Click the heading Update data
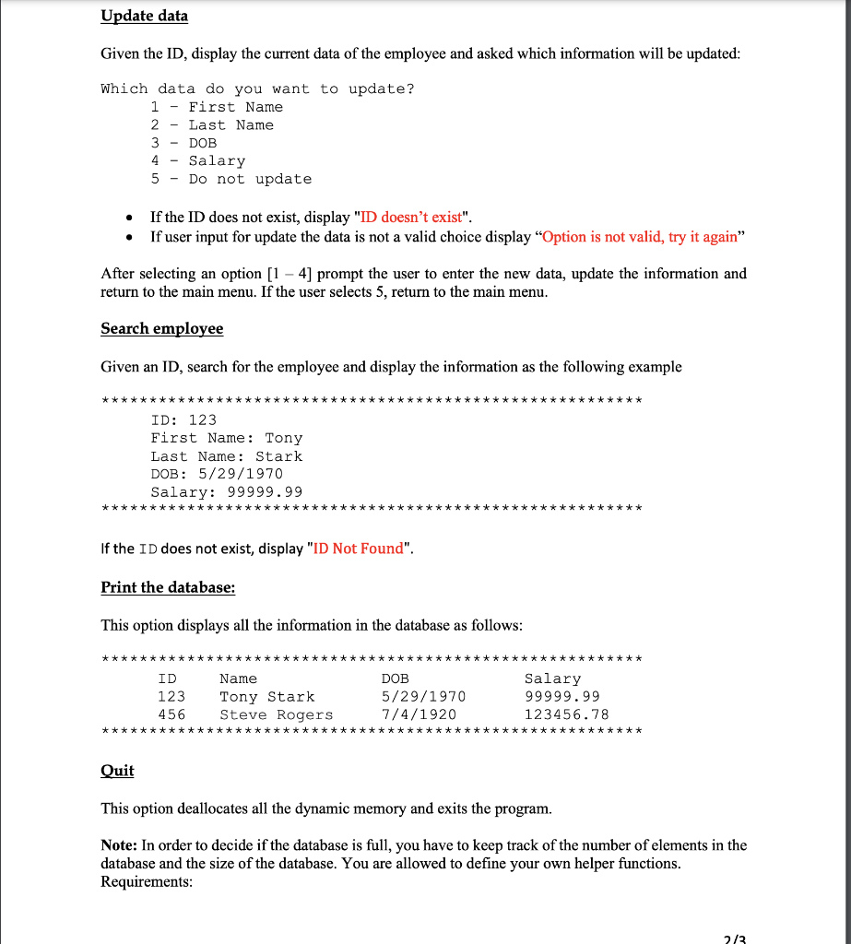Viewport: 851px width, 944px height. (x=144, y=16)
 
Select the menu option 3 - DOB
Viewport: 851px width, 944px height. (x=183, y=143)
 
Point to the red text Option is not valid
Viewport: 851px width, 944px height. (x=640, y=236)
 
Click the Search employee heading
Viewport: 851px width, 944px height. (x=161, y=329)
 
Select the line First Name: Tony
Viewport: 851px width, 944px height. (x=226, y=438)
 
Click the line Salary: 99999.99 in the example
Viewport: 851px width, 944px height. (x=226, y=492)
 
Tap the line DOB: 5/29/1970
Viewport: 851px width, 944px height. (x=217, y=474)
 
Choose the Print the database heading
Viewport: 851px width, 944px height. (x=168, y=587)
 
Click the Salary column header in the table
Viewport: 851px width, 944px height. (x=552, y=678)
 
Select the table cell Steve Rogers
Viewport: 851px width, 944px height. (x=276, y=714)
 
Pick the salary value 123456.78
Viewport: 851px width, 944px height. (x=566, y=714)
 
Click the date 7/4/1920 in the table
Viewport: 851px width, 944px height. (x=419, y=714)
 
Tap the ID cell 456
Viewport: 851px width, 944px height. (x=171, y=714)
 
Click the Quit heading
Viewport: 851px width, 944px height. (x=117, y=771)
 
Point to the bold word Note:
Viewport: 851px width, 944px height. (x=120, y=845)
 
